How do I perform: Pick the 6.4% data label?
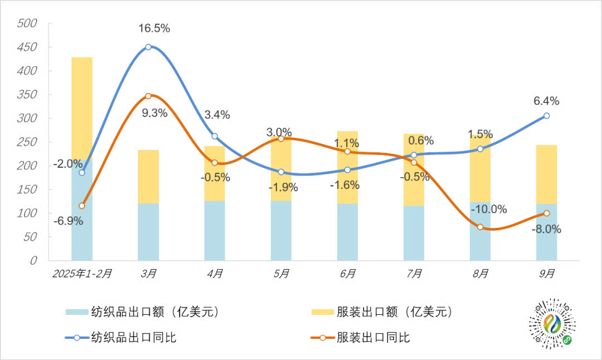546,101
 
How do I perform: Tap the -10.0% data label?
489,209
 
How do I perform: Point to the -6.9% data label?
68,221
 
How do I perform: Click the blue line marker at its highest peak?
148,47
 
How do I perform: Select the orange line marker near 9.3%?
148,96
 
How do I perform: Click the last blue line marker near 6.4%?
547,115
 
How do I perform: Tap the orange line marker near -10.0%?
480,227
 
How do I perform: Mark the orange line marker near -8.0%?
547,213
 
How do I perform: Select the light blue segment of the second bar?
148,232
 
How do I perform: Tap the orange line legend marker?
323,338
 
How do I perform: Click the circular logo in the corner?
552,325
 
